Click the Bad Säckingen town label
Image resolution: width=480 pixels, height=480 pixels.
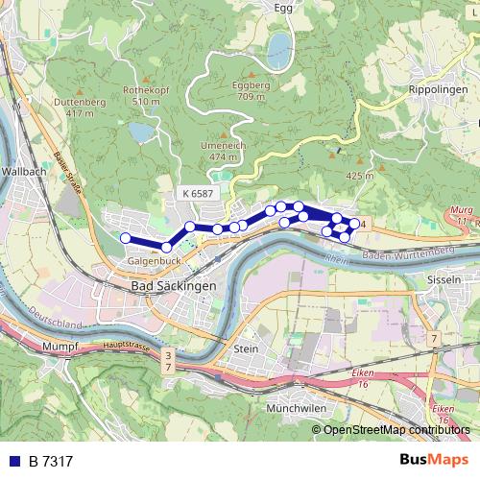point(173,285)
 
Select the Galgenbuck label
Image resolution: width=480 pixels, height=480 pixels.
point(155,260)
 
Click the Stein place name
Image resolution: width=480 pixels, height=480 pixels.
point(246,348)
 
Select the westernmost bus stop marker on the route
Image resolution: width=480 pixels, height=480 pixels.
point(125,238)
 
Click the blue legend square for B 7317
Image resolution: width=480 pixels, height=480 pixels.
point(15,461)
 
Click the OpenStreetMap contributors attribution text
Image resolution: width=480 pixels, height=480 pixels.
point(396,429)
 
